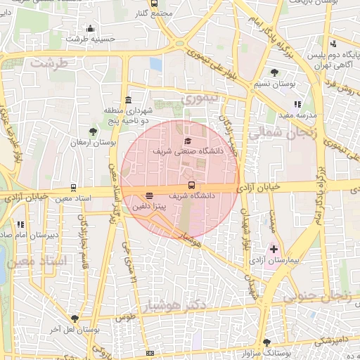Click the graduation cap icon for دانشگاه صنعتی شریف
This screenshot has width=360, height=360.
(187, 141)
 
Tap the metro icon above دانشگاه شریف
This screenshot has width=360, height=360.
(192, 186)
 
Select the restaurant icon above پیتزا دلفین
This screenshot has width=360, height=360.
(148, 195)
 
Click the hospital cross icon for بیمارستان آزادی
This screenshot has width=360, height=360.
(274, 249)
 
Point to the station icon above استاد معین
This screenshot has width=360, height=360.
(74, 188)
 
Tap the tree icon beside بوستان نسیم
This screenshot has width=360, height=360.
(274, 72)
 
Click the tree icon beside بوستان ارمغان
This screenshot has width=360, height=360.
(93, 131)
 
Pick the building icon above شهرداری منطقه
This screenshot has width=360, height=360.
(128, 100)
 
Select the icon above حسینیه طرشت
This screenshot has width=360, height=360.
(90, 29)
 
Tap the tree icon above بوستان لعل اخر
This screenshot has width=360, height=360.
(74, 319)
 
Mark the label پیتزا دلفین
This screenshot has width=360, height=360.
(148, 207)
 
